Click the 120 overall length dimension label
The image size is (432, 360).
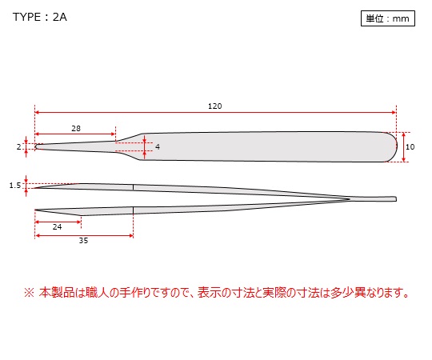pos(215,106)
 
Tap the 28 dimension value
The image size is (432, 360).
pos(76,128)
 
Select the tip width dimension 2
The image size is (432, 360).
pos(18,147)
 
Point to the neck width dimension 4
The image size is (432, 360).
pos(158,147)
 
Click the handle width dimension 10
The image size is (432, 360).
pos(410,147)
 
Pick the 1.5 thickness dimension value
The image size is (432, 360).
pos(15,186)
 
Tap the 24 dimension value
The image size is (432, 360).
pos(58,227)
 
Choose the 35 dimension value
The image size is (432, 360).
pos(83,241)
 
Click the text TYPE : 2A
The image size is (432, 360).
pos(40,17)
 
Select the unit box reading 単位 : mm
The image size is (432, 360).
pos(388,18)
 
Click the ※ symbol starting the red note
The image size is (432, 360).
pos(29,293)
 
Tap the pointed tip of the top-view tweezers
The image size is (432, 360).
pos(36,146)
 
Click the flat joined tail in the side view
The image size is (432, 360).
pos(374,199)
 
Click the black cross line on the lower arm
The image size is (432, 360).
pos(134,210)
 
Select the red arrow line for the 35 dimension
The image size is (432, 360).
pos(84,235)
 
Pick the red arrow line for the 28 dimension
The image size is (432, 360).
pos(75,134)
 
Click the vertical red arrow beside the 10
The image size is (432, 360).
pos(404,147)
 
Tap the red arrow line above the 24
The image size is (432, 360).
pos(58,222)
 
